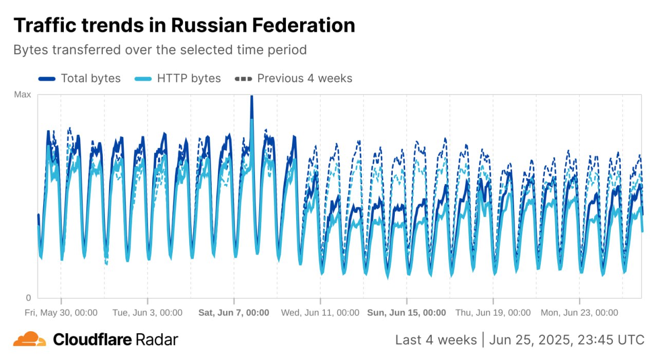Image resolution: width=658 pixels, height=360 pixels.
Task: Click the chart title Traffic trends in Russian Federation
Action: (184, 25)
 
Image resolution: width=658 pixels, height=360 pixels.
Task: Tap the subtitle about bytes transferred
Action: (160, 50)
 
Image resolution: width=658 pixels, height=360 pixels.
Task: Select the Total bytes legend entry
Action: (90, 78)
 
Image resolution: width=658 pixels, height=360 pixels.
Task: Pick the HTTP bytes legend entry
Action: (189, 78)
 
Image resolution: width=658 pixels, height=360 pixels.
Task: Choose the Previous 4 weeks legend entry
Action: (304, 78)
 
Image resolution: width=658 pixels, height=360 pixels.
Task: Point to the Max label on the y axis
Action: (22, 95)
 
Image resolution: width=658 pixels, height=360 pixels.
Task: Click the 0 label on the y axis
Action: (28, 298)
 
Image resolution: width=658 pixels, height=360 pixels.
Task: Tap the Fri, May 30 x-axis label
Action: (61, 312)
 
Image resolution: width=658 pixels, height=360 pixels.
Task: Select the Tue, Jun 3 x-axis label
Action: (148, 312)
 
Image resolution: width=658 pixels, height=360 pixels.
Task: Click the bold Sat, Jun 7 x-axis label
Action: (234, 312)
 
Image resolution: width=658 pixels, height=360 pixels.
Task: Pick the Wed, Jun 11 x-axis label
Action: (320, 312)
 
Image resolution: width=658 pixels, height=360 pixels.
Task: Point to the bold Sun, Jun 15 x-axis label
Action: (407, 312)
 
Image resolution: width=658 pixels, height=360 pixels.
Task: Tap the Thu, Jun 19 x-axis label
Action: (493, 312)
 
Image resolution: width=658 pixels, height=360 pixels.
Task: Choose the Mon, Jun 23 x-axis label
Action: (579, 312)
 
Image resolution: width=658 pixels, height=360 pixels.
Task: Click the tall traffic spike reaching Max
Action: (251, 103)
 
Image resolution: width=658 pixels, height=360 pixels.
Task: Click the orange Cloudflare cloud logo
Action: (29, 339)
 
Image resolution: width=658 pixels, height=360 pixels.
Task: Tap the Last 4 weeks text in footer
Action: (436, 340)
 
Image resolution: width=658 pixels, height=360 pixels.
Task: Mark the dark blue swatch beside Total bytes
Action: (47, 79)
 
